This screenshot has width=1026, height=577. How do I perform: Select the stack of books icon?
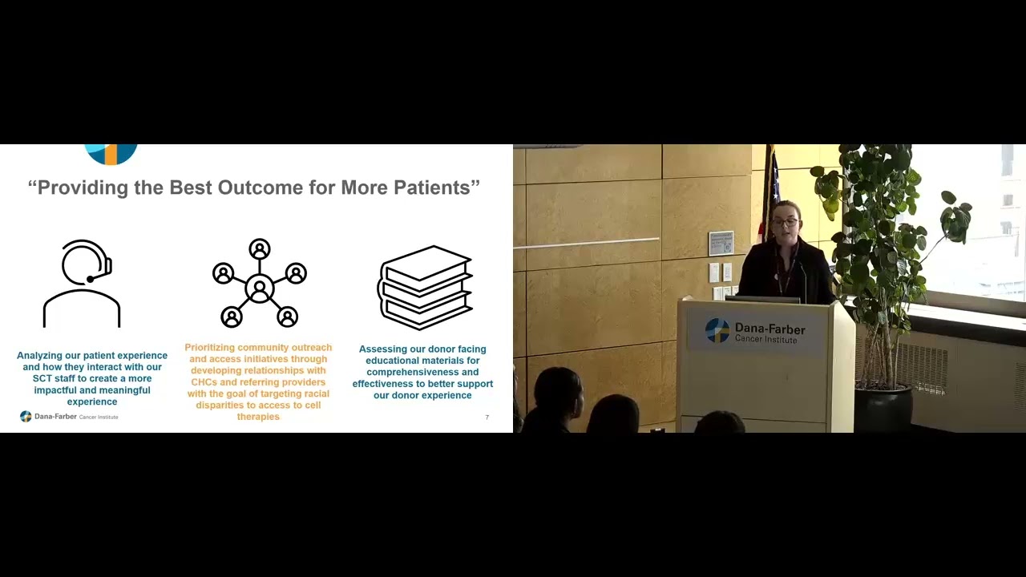coord(425,288)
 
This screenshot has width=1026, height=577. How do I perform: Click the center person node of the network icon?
coord(260,288)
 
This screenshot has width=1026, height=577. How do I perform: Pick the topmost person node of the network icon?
coord(260,249)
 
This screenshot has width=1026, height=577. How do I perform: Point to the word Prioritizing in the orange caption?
coord(209,348)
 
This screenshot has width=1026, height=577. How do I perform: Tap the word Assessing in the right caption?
coord(380,349)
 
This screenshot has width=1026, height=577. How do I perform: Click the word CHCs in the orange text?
coord(204,382)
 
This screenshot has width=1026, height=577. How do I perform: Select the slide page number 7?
coord(487,418)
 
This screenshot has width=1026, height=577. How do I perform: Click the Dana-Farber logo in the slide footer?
coord(69,417)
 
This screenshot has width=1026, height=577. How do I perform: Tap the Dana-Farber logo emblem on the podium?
coord(717,330)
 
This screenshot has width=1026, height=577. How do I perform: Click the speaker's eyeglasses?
coord(786,223)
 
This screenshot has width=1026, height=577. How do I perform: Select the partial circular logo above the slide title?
coord(111,155)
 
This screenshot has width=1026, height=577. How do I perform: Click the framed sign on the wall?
coord(721,243)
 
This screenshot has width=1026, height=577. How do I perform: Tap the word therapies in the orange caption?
coord(258,417)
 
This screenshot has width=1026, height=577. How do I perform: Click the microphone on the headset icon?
coord(91,279)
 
